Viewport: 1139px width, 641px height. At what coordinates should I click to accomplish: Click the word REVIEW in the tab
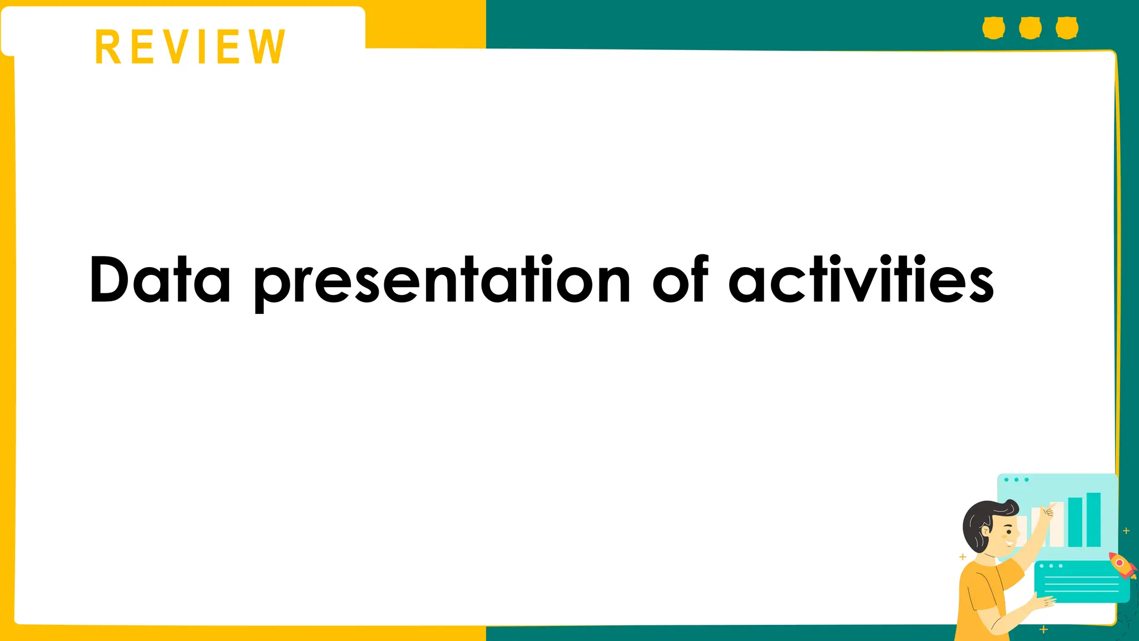190,47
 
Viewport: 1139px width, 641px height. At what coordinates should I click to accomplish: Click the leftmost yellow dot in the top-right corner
993,28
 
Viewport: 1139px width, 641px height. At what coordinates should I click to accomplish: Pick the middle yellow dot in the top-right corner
1030,28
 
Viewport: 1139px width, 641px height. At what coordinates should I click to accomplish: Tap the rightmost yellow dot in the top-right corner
1067,28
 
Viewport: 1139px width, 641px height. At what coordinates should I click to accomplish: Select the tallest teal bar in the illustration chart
1093,520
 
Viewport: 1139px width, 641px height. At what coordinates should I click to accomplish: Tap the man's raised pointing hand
1048,511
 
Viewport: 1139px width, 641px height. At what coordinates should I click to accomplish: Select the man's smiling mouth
1009,542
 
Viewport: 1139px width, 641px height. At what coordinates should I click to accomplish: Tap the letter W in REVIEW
267,47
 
